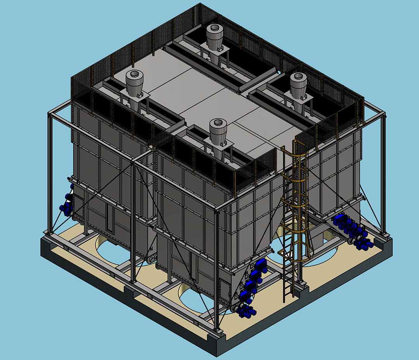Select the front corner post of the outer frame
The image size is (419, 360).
pos(216,267)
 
